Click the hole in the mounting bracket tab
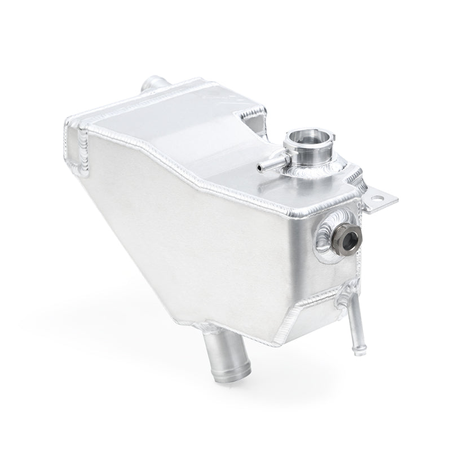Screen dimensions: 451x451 click(x=388, y=199)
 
